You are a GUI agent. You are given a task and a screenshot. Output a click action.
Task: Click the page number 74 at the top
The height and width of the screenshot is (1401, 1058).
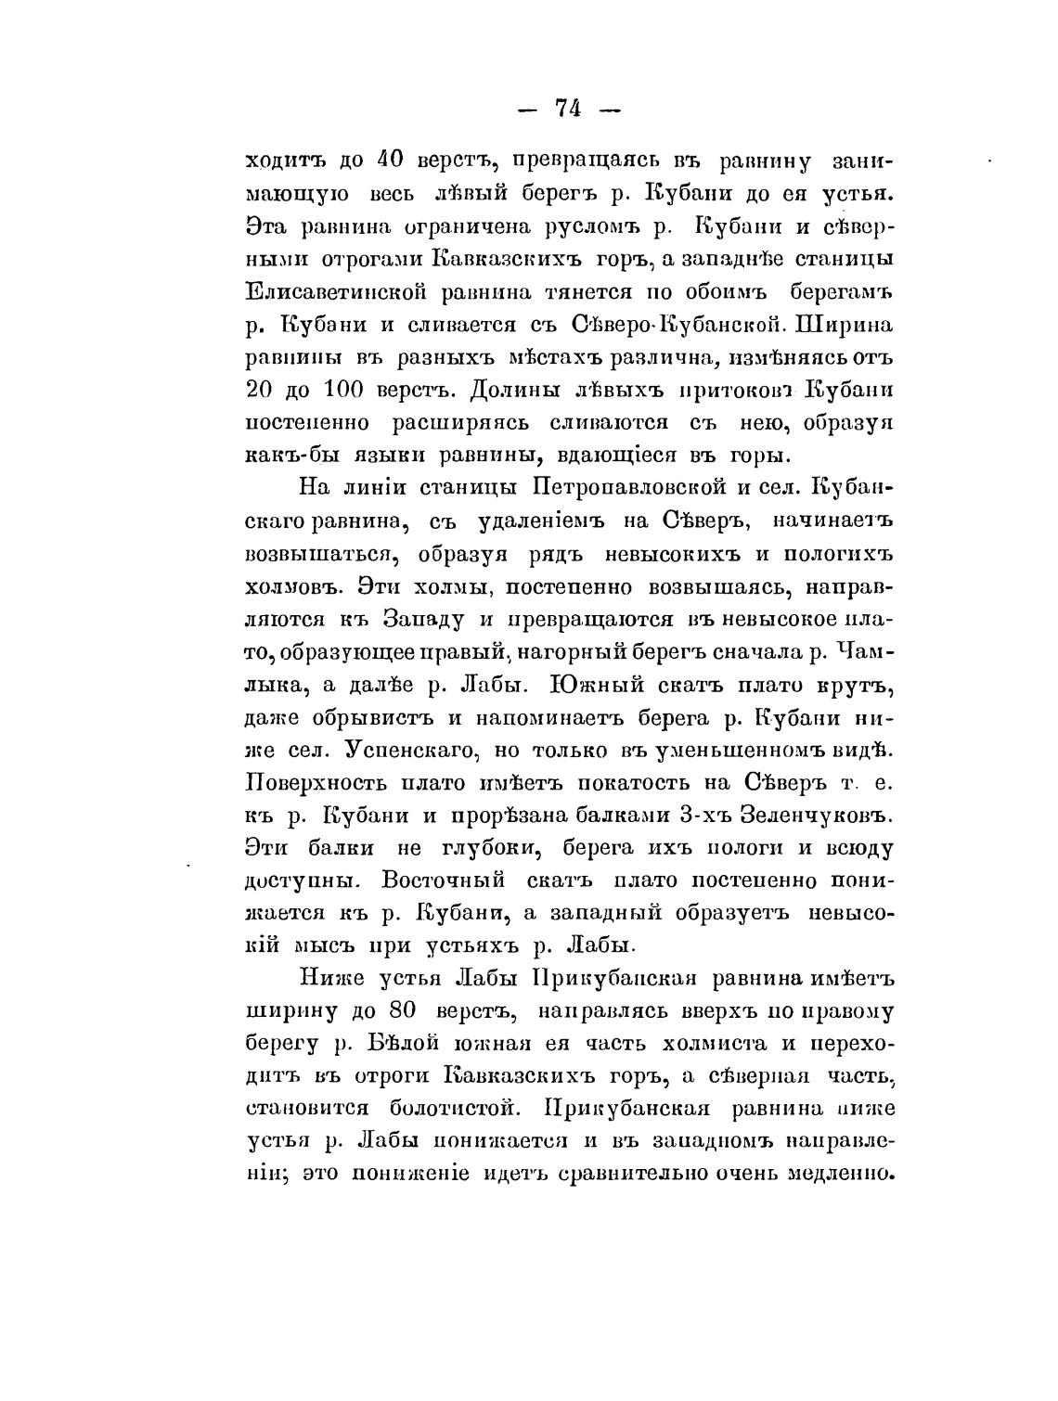pyautogui.click(x=567, y=109)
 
